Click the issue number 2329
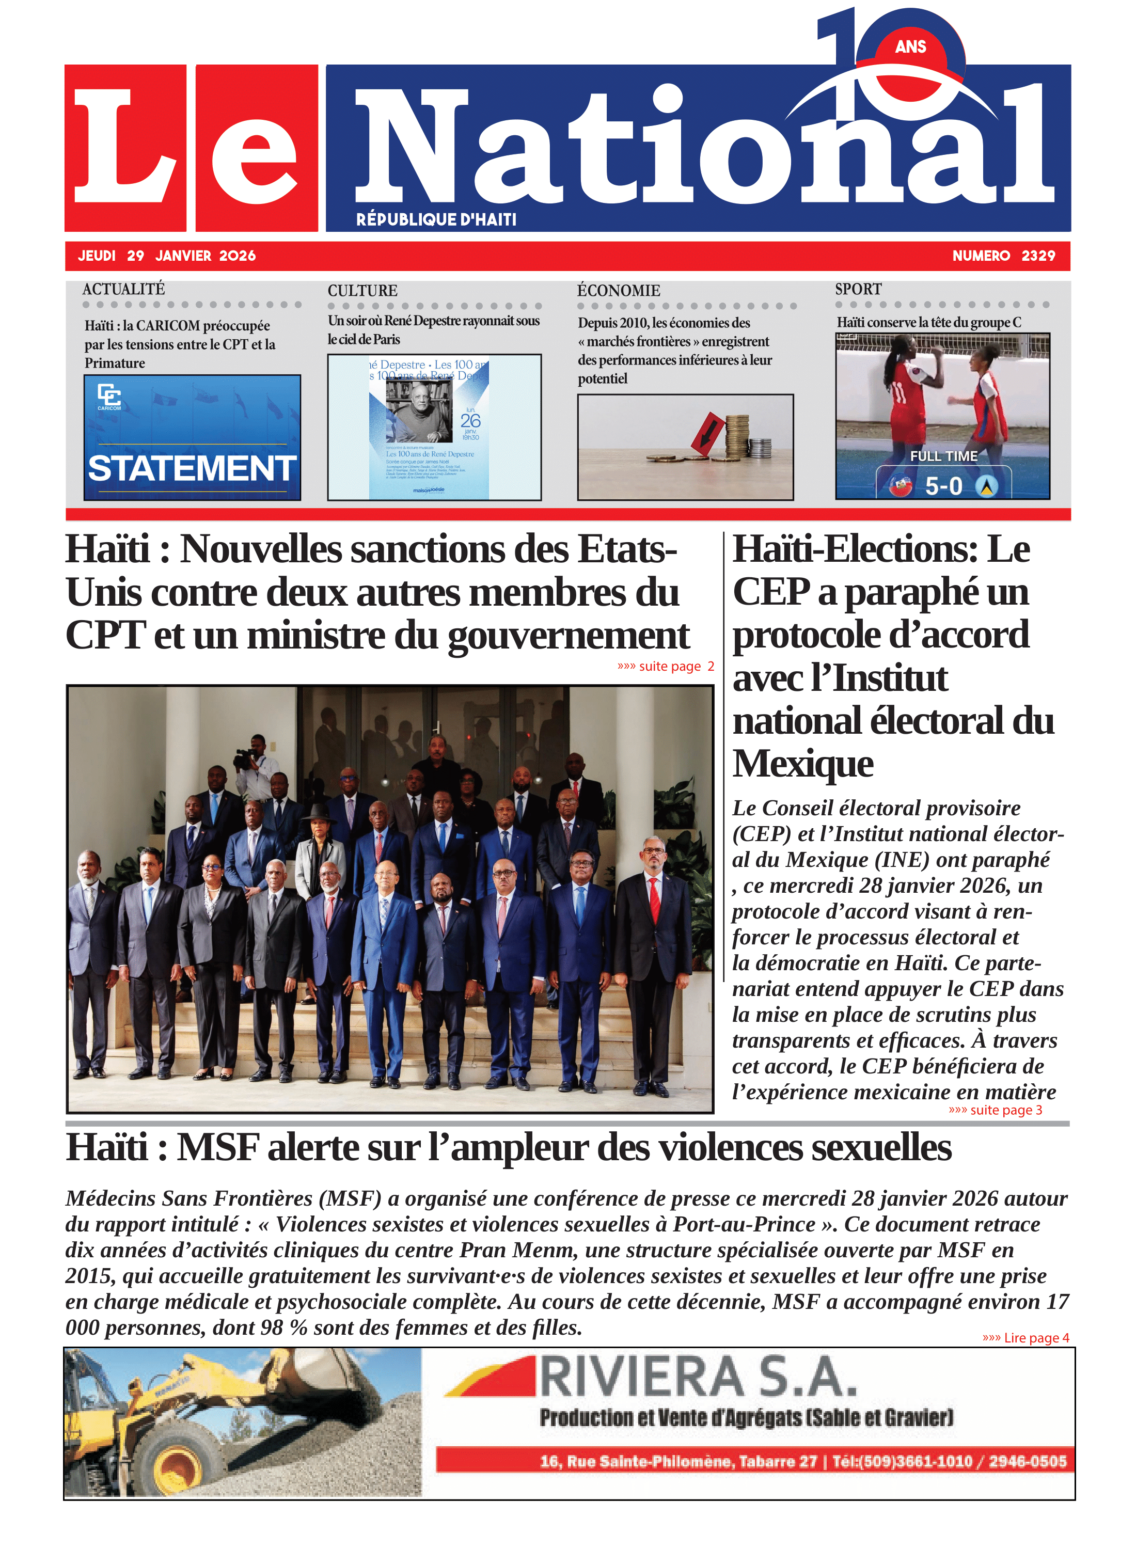tap(1038, 256)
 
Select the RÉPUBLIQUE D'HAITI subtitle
tap(436, 219)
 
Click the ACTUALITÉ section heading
tap(124, 289)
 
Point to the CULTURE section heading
tap(362, 290)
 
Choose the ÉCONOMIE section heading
tap(618, 290)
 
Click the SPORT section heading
tap(858, 289)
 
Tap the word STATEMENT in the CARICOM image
tap(192, 468)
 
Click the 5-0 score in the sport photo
tap(943, 486)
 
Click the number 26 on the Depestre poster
tap(470, 420)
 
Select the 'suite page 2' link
tap(666, 666)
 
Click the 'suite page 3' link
tap(995, 1110)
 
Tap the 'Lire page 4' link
tap(1025, 1337)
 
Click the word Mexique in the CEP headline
tap(802, 763)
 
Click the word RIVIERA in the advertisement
tap(641, 1378)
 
